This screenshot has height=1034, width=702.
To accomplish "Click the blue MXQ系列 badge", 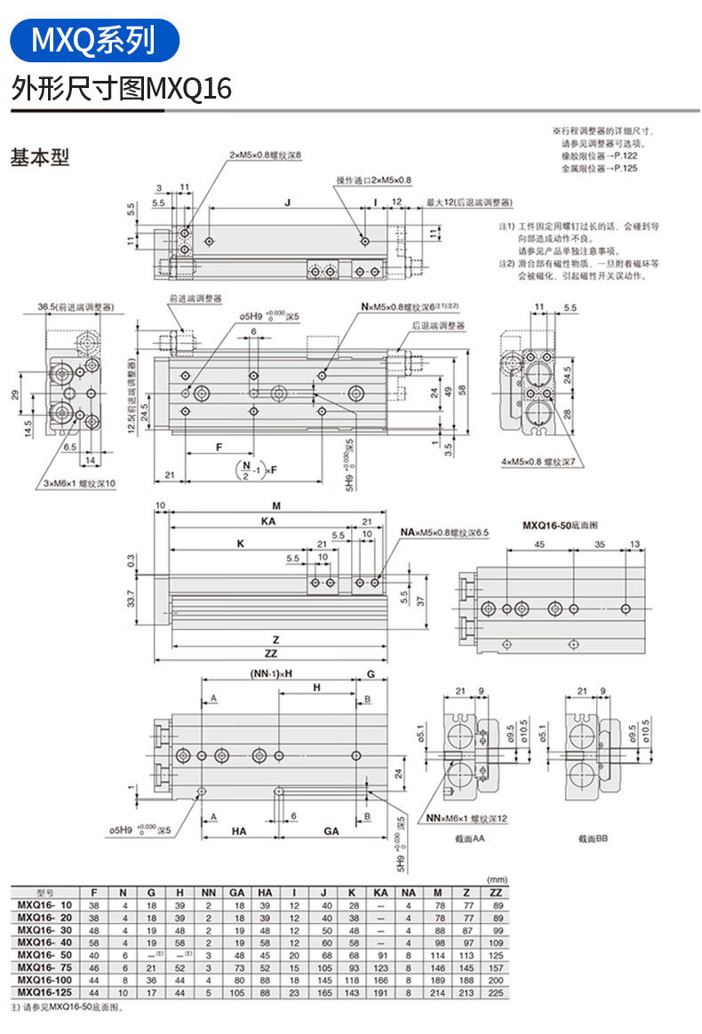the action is tap(93, 39).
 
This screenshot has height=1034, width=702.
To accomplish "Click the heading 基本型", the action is tap(40, 158).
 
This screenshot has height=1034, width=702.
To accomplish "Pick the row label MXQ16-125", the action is tap(42, 991).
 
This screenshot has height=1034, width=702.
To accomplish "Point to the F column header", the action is tap(94, 892).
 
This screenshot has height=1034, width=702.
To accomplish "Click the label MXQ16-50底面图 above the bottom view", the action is tap(560, 525).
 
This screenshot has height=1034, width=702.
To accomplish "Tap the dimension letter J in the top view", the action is tap(287, 203).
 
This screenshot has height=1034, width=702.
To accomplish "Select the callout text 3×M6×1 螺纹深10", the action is tap(80, 482).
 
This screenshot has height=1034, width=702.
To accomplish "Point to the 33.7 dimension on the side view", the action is tap(132, 601).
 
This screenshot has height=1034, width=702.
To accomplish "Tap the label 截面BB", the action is tap(593, 838).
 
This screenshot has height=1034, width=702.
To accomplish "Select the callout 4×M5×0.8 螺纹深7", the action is tap(538, 462).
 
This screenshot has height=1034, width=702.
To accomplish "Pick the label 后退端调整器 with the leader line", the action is tap(438, 326).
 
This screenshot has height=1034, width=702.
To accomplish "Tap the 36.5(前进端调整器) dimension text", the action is tap(77, 307).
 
